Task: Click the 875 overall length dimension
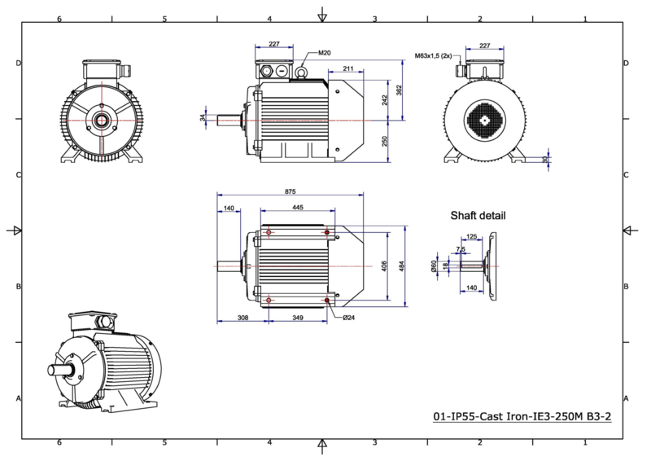[x=291, y=191]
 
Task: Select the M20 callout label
[x=325, y=53]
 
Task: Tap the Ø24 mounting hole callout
[x=349, y=318]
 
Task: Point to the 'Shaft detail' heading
[x=478, y=216]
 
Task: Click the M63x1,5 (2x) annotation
[x=433, y=55]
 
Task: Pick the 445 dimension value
[x=298, y=207]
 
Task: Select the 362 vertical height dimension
[x=399, y=90]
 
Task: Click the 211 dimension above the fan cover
[x=348, y=68]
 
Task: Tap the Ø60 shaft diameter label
[x=434, y=266]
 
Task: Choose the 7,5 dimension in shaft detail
[x=461, y=249]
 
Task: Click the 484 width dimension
[x=401, y=266]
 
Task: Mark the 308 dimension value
[x=242, y=318]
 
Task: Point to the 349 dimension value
[x=298, y=318]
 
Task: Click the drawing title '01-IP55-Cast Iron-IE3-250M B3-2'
[x=522, y=416]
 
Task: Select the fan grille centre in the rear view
[x=485, y=121]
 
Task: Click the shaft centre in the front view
[x=101, y=121]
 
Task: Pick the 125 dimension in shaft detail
[x=472, y=236]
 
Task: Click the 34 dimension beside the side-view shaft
[x=203, y=118]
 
